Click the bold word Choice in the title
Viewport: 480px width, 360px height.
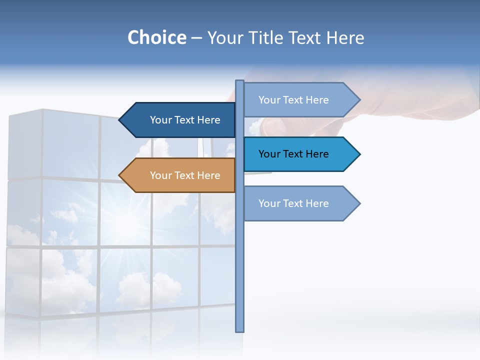(156, 37)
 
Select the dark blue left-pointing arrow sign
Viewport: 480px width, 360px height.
(177, 120)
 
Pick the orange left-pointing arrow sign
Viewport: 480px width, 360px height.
(177, 175)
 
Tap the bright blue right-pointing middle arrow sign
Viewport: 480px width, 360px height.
(300, 154)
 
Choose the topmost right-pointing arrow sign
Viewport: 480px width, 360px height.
(300, 100)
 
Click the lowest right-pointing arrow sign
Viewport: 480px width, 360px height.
(300, 203)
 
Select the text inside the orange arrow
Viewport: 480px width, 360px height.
(185, 175)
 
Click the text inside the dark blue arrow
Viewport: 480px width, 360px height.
(185, 120)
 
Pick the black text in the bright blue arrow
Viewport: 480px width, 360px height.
(293, 154)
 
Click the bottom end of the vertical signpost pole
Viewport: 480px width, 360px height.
(239, 329)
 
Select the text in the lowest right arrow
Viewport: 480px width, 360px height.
(293, 203)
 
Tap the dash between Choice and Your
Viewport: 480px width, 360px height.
(196, 38)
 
